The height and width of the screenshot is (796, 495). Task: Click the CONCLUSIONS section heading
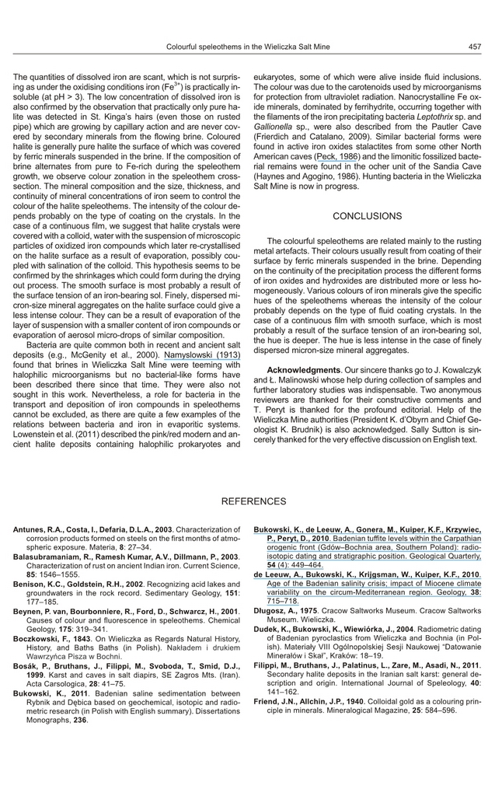coord(368,216)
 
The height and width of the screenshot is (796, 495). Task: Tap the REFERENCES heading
coord(253,501)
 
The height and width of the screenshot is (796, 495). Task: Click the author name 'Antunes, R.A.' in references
coord(39,529)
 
